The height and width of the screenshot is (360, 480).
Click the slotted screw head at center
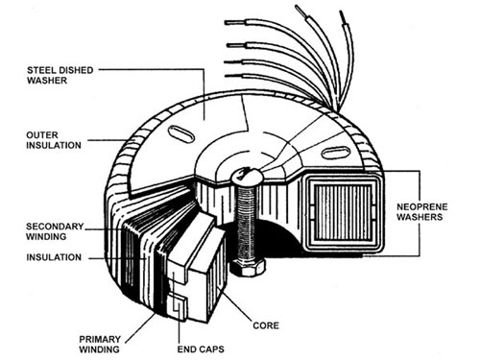[x=246, y=177]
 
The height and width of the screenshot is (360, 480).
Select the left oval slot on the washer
[x=180, y=131]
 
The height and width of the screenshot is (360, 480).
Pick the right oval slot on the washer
[x=333, y=152]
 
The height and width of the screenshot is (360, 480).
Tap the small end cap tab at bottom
[x=180, y=309]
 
